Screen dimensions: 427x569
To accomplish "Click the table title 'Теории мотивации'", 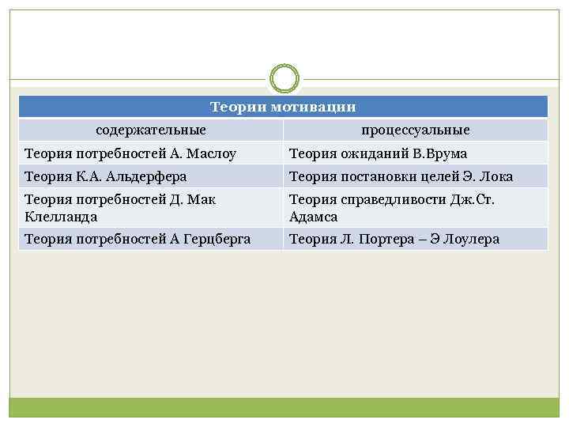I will pyautogui.click(x=283, y=107).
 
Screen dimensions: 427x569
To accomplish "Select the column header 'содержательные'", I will pyautogui.click(x=151, y=130).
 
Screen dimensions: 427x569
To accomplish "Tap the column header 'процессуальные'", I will pyautogui.click(x=416, y=130).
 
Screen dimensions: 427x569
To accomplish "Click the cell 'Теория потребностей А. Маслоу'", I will pyautogui.click(x=130, y=153).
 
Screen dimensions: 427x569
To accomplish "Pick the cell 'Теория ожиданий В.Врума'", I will pyautogui.click(x=379, y=153).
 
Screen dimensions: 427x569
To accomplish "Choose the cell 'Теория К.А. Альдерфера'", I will pyautogui.click(x=106, y=176).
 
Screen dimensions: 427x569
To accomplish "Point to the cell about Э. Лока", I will pyautogui.click(x=401, y=176).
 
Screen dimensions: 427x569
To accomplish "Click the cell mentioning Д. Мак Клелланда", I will pyautogui.click(x=120, y=207).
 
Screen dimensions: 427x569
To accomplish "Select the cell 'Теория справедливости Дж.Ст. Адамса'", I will pyautogui.click(x=392, y=207).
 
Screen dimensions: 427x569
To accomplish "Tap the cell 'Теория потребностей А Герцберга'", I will pyautogui.click(x=138, y=239).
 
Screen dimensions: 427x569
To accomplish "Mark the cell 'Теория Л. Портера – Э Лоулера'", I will pyautogui.click(x=394, y=239).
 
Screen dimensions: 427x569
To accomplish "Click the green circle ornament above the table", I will pyautogui.click(x=284, y=79).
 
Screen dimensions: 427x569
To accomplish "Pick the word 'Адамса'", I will pyautogui.click(x=314, y=216).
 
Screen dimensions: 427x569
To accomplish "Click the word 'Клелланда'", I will pyautogui.click(x=61, y=216).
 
